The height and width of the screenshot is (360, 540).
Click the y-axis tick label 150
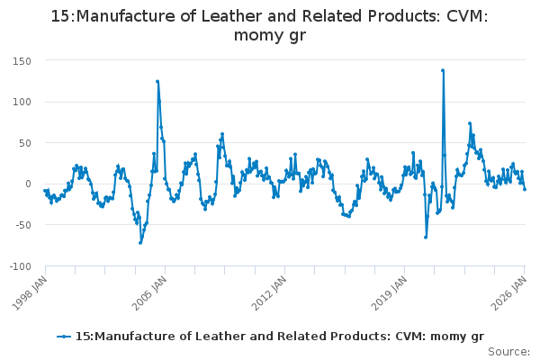point(22,60)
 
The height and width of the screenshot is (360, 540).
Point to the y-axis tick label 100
point(22,102)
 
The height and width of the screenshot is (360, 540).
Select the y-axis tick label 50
point(26,142)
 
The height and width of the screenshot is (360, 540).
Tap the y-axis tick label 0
point(30,184)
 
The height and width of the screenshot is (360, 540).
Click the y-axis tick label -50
point(24,224)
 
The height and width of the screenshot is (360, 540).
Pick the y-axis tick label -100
point(21,265)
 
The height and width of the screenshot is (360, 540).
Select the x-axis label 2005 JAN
point(148,290)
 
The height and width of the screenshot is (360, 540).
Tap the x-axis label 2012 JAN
point(268,290)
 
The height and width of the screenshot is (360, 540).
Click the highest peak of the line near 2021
point(443,70)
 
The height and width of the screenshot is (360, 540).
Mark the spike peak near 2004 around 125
point(157,81)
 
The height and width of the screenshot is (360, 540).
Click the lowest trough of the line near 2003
point(140,242)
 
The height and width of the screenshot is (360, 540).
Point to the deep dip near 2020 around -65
point(426,237)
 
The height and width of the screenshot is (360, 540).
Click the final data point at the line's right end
point(525,189)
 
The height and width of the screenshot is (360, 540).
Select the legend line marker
point(63,336)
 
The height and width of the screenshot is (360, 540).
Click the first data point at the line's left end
point(44,191)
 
